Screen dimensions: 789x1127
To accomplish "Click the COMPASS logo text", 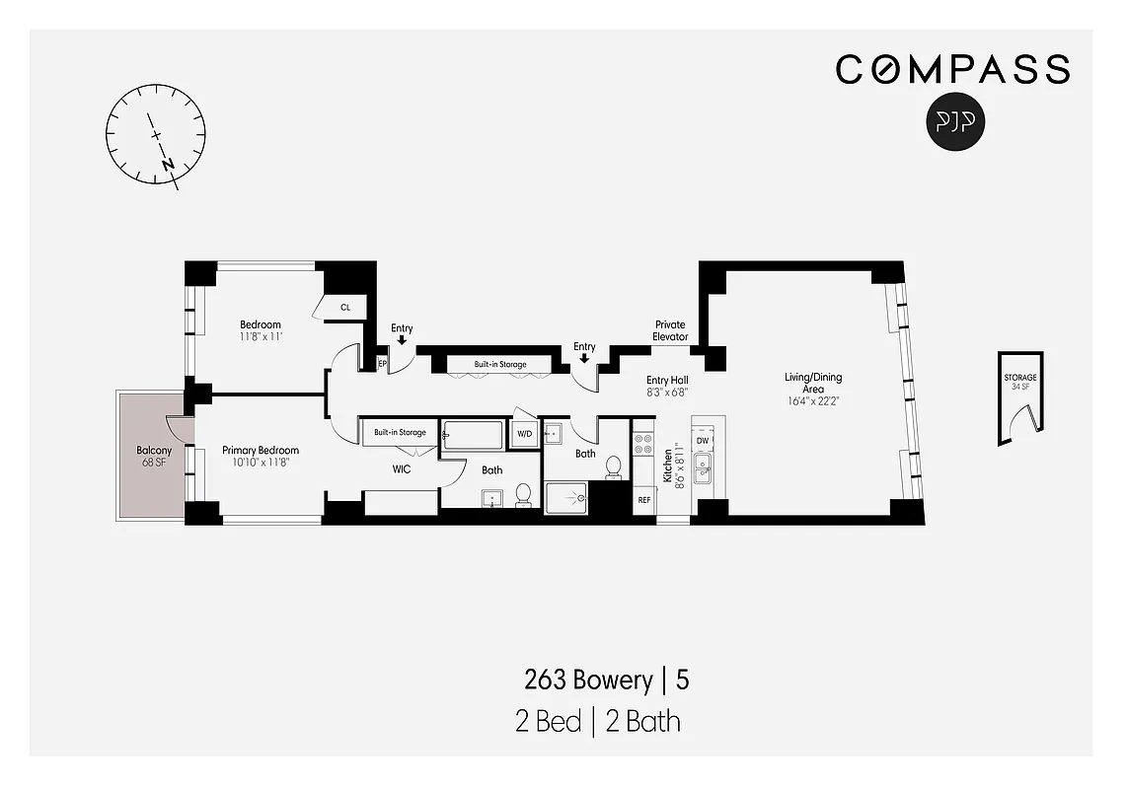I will (952, 69).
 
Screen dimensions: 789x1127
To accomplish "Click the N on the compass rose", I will (169, 164).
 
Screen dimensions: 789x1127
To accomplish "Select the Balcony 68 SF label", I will (153, 457).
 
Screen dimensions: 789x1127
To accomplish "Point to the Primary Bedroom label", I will (260, 451).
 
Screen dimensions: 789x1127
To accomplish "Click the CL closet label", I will (345, 308).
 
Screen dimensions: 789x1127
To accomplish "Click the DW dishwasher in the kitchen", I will (703, 440).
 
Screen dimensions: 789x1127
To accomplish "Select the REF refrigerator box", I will (644, 500).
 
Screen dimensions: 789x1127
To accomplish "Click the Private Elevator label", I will (670, 330).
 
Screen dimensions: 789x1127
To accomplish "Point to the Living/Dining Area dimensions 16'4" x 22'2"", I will (813, 401).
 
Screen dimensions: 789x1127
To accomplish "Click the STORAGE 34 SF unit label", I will (1020, 382).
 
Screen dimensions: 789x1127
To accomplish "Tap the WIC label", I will (402, 469).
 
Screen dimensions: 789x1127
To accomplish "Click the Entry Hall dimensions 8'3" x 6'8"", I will (667, 392).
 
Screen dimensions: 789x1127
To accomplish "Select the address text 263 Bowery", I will (587, 681).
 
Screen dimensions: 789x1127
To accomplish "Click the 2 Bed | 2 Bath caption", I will (597, 721).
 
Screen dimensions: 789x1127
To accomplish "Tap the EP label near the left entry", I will (383, 364).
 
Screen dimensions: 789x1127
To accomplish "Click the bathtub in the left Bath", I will (473, 434).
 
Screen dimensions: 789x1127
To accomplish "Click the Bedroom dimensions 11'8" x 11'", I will (261, 336).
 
